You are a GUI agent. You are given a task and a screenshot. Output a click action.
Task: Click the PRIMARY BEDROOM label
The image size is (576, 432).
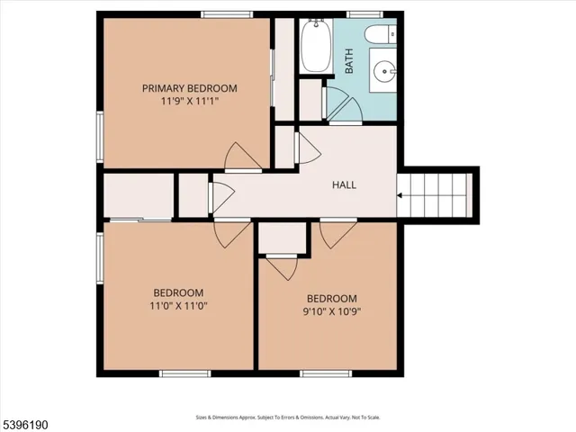click(189, 88)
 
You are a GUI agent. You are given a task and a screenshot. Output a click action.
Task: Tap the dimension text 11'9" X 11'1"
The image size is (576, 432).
click(189, 102)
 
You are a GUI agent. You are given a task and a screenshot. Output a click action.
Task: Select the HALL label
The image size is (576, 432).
click(344, 184)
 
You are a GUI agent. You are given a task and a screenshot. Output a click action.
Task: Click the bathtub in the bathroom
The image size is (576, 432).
click(315, 48)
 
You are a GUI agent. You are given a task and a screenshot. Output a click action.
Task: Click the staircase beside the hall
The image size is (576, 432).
click(436, 193)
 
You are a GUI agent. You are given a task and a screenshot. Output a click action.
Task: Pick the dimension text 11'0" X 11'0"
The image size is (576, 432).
click(178, 306)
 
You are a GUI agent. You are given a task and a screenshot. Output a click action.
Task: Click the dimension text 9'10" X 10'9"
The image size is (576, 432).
click(332, 312)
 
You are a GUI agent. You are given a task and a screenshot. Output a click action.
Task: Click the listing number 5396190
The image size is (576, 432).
click(24, 420)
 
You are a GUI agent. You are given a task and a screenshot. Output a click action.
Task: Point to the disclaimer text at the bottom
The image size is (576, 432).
click(287, 417)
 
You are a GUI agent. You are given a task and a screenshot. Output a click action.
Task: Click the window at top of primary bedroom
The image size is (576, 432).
click(226, 14)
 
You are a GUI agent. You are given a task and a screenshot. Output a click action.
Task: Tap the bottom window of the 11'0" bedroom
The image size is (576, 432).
click(184, 373)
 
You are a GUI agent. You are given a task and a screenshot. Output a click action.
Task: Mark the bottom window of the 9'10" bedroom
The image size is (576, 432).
click(326, 373)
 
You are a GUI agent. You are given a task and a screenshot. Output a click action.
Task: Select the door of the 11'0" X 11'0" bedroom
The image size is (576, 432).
click(233, 235)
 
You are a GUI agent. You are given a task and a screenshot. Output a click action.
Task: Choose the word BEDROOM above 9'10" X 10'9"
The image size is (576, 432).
click(332, 299)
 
